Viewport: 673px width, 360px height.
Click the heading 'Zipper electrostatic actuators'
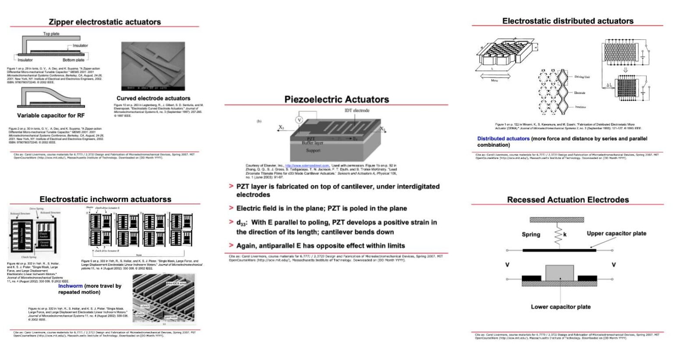(x=105, y=22)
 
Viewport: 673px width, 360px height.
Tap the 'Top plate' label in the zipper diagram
(x=51, y=34)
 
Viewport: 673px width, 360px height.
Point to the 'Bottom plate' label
(x=73, y=60)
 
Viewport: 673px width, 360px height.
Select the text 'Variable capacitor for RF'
(x=51, y=116)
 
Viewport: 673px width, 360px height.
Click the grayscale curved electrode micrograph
(x=153, y=66)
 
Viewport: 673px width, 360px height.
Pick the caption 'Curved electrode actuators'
(x=153, y=99)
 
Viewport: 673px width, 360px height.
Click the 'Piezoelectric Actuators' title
(x=336, y=99)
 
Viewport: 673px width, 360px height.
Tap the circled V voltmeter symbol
(x=300, y=120)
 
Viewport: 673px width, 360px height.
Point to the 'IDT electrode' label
(x=357, y=110)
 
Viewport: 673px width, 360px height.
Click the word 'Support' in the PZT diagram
(x=313, y=150)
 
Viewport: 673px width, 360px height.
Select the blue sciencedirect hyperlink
(x=307, y=166)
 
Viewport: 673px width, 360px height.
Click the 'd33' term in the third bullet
(x=241, y=223)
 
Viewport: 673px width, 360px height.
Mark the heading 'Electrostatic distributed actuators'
(x=567, y=21)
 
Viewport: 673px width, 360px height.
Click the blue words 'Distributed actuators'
(x=503, y=139)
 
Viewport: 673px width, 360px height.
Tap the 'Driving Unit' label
(x=582, y=77)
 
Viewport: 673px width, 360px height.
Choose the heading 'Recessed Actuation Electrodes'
(x=568, y=200)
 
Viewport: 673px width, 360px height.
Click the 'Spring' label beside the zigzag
(x=531, y=234)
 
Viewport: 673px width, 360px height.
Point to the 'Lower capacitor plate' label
(x=560, y=307)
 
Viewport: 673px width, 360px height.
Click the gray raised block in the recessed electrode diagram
(x=559, y=272)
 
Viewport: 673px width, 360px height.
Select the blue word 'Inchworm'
(x=70, y=286)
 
